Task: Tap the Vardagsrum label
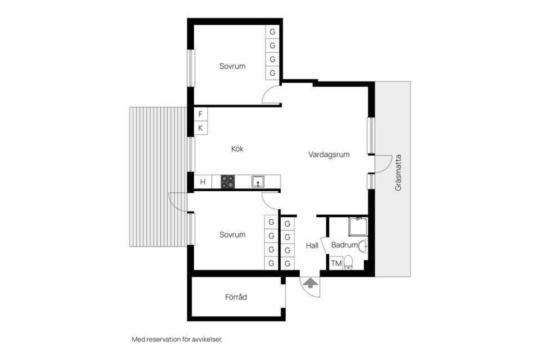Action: click(x=329, y=155)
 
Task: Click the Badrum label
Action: click(x=344, y=245)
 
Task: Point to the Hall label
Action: click(x=312, y=245)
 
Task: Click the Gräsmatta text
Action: click(x=398, y=178)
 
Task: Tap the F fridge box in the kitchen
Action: click(x=200, y=114)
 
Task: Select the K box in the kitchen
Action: click(x=200, y=128)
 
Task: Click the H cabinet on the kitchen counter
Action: click(x=202, y=182)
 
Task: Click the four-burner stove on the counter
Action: click(x=228, y=182)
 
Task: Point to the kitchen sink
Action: click(x=258, y=181)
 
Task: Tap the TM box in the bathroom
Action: click(x=336, y=263)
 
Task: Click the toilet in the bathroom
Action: click(x=349, y=262)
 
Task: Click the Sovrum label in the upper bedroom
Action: click(x=232, y=66)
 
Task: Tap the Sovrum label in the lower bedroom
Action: click(x=232, y=235)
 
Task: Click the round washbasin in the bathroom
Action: click(x=364, y=246)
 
